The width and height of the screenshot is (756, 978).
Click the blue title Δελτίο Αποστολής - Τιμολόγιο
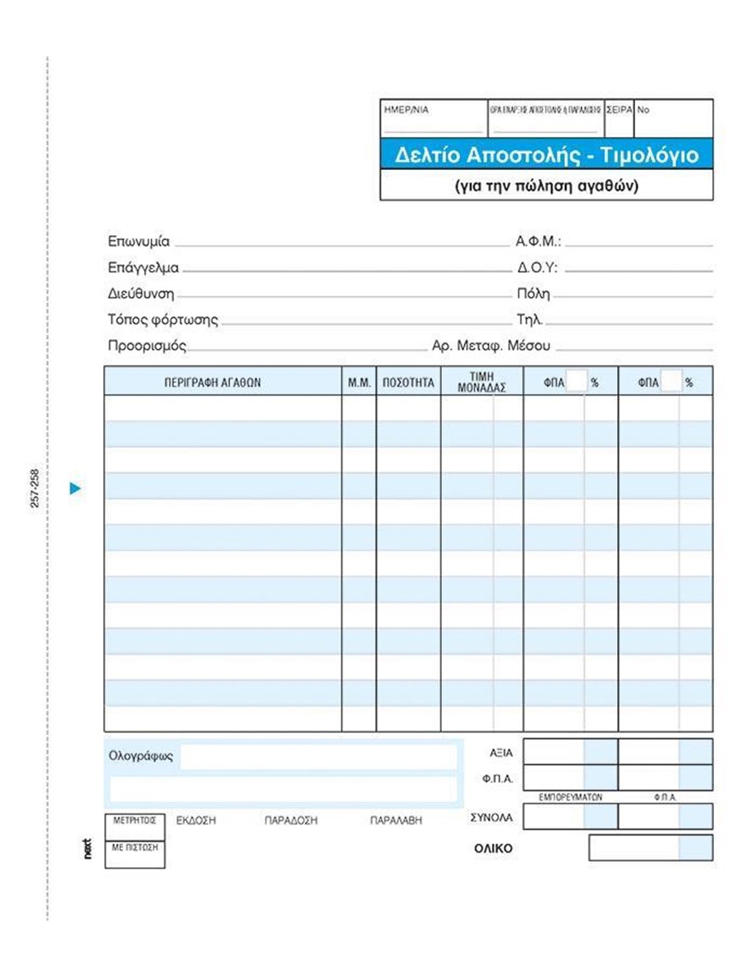[x=546, y=155]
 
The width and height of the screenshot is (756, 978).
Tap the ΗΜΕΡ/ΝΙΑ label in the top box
[x=406, y=110]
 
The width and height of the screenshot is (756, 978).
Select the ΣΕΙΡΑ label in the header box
[x=619, y=110]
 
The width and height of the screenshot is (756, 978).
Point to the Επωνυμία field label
[x=139, y=241]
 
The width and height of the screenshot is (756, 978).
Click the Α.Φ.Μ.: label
[x=538, y=241]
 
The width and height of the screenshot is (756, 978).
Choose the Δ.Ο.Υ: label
[x=537, y=268]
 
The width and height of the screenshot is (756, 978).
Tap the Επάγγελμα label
[x=143, y=268]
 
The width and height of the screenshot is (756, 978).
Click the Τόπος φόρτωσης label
[x=163, y=320]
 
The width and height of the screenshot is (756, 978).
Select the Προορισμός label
[x=147, y=346]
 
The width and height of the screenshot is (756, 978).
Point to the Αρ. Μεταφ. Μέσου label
[x=491, y=346]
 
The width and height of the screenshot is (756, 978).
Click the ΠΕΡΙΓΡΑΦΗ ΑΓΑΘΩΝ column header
[x=212, y=383]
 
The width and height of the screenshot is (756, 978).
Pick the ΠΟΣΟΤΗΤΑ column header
[x=408, y=383]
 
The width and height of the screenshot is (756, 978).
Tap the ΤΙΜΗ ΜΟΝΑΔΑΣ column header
[x=482, y=382]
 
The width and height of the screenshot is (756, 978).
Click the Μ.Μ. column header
[x=359, y=383]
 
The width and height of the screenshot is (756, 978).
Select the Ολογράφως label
[x=141, y=756]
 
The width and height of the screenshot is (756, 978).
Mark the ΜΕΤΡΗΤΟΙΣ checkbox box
[x=135, y=827]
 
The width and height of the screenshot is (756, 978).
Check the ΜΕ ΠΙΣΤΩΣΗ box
[x=135, y=854]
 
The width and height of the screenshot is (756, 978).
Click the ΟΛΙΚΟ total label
[x=493, y=849]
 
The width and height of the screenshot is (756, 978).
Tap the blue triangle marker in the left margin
[x=76, y=489]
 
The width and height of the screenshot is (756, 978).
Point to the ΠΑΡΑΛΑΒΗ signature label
[x=396, y=821]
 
